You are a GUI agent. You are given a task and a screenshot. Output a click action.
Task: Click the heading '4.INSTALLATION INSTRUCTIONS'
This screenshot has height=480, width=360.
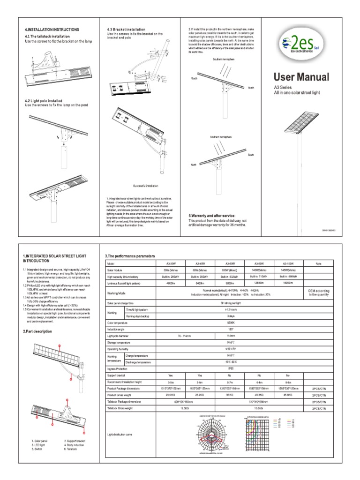pyautogui.click(x=52, y=30)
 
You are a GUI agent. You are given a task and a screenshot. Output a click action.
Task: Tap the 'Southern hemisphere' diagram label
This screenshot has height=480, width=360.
pyautogui.click(x=223, y=60)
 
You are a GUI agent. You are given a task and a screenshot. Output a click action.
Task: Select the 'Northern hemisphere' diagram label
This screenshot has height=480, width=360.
pyautogui.click(x=221, y=136)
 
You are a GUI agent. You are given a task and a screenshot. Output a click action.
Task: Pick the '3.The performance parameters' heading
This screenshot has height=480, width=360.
pyautogui.click(x=132, y=256)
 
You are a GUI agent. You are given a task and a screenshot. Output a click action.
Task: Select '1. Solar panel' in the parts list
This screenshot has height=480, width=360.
pyautogui.click(x=41, y=441)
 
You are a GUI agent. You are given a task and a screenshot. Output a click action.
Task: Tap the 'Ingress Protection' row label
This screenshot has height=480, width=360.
pyautogui.click(x=119, y=369)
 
